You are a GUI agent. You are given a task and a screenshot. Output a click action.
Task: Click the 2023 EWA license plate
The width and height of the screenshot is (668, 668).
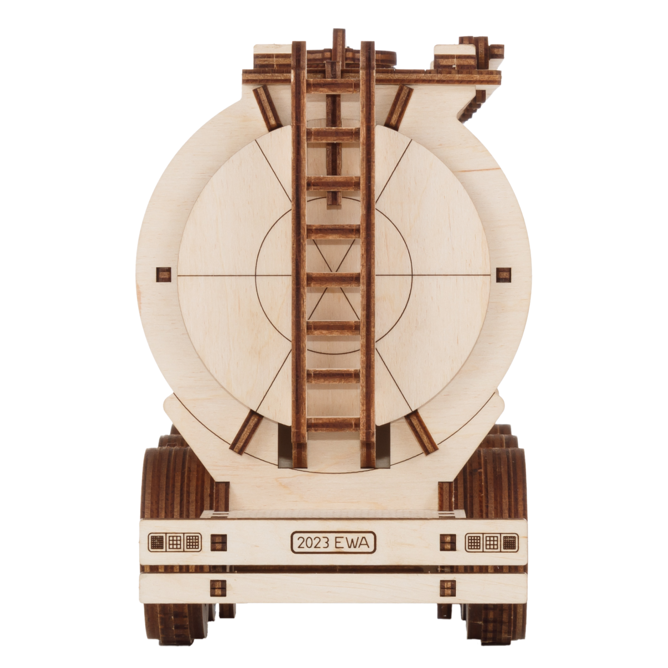(x=333, y=542)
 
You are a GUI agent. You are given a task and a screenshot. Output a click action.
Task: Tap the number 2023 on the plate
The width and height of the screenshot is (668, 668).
(x=313, y=542)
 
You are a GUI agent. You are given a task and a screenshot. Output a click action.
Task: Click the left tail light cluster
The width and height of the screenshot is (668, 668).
(x=175, y=542)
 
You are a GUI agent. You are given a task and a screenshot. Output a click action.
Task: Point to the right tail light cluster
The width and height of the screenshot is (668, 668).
(x=492, y=542)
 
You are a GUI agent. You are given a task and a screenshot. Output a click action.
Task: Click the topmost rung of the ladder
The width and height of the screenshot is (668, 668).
(x=333, y=86)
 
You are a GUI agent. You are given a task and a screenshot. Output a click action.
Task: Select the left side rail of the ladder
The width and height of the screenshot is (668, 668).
(x=299, y=255)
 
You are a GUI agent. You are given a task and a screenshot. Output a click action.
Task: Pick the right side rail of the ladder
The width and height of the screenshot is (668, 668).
(x=367, y=255)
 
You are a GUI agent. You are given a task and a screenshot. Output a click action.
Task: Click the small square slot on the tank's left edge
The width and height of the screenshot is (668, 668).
(x=164, y=274)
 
